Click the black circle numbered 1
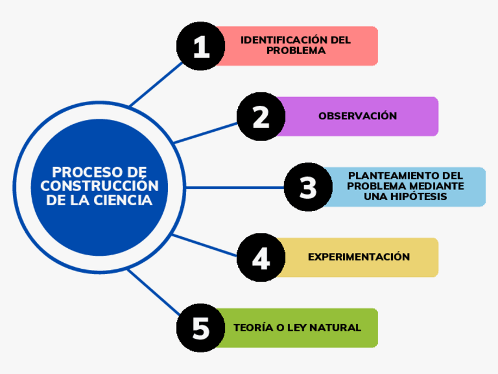click(x=201, y=46)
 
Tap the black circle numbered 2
click(x=261, y=116)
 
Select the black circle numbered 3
click(x=308, y=188)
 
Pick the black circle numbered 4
click(x=261, y=258)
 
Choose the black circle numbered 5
click(x=201, y=328)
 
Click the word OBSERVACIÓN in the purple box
click(x=358, y=116)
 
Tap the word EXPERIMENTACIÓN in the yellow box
click(x=359, y=257)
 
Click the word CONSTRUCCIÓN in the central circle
click(x=99, y=186)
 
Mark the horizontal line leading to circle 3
click(x=235, y=188)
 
